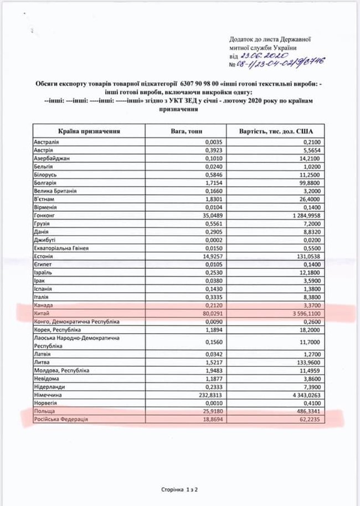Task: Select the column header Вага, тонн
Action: pyautogui.click(x=187, y=132)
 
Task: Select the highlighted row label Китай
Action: pyautogui.click(x=42, y=314)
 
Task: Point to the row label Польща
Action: pyautogui.click(x=44, y=412)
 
